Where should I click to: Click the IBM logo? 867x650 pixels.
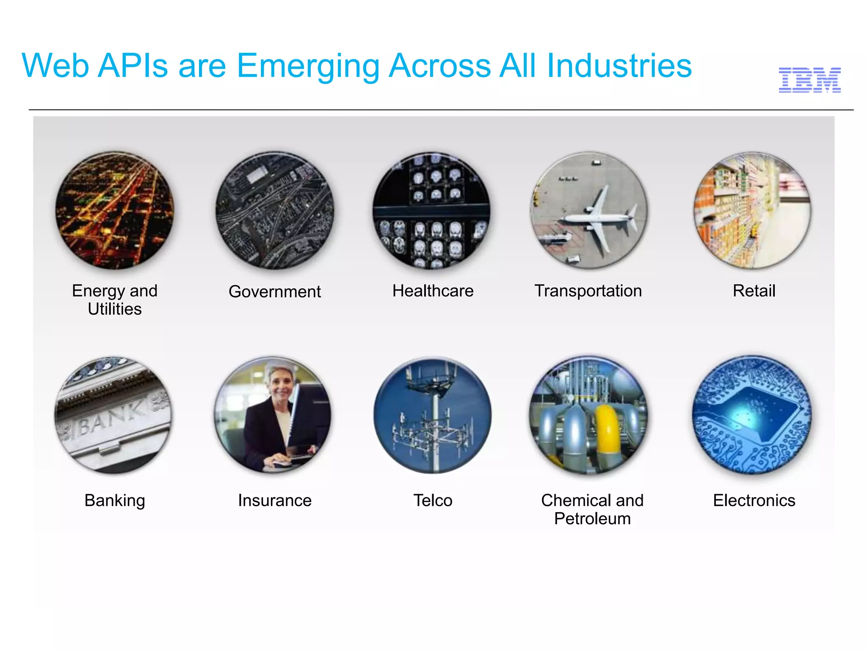pos(809,80)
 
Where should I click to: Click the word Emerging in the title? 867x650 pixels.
pos(308,66)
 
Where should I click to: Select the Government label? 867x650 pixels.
pos(274,292)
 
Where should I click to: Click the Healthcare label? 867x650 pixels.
pos(433,291)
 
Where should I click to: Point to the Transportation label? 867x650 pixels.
pos(588,291)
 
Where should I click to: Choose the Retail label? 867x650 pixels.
pos(754,291)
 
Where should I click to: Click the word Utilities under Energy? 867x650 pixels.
pos(115,309)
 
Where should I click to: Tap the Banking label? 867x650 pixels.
pos(115,500)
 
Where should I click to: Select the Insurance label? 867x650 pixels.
pos(274,500)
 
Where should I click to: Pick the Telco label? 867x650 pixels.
pos(433,500)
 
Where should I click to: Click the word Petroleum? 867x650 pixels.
pos(592,519)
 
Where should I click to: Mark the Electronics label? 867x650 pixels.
pos(754,500)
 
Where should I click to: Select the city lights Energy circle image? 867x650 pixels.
pos(115,210)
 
